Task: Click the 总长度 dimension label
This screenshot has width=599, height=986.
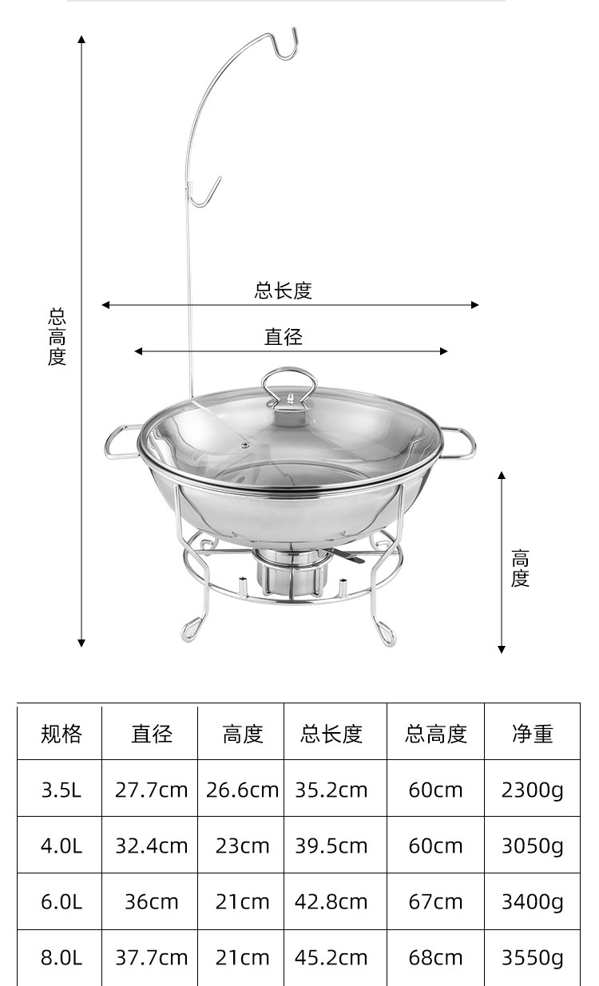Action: click(x=283, y=291)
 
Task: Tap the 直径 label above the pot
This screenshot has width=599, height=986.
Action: click(x=284, y=337)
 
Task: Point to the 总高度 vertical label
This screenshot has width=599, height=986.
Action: click(x=57, y=337)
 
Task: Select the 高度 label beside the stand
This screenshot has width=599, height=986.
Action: click(x=520, y=568)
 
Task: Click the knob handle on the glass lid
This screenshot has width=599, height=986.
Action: click(x=289, y=389)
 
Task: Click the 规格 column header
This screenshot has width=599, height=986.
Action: click(x=61, y=733)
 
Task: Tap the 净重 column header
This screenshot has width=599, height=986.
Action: click(x=532, y=733)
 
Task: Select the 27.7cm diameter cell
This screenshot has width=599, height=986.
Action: click(x=151, y=790)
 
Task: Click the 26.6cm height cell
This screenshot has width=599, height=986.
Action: click(x=242, y=790)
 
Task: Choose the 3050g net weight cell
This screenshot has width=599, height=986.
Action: click(x=532, y=845)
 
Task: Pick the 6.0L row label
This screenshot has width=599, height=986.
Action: click(x=61, y=901)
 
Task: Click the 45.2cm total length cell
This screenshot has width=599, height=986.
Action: click(x=331, y=957)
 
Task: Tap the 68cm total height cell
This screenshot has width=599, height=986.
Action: click(x=435, y=957)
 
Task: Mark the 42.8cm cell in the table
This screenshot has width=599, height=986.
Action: click(x=331, y=901)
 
